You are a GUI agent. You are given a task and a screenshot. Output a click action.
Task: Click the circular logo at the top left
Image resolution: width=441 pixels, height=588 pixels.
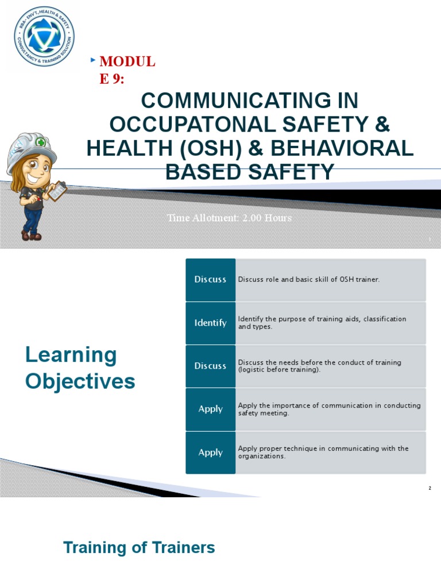pos(44,36)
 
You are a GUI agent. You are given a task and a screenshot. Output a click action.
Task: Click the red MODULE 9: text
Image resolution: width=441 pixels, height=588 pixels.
pos(127,69)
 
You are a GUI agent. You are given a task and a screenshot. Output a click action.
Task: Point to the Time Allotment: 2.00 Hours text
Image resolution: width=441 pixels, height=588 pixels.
pos(229,218)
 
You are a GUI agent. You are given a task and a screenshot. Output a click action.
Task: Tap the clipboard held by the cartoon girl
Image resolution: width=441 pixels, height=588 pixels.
pos(57,191)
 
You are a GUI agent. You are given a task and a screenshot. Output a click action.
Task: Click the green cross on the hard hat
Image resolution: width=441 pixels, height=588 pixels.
pos(40,142)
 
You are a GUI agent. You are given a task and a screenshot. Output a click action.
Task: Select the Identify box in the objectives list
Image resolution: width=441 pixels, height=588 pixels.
pos(210,323)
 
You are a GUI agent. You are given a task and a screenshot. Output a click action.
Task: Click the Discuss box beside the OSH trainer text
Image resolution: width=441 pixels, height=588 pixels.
pos(210,280)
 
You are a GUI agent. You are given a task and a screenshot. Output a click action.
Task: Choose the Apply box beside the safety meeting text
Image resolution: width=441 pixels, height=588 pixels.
pos(210,409)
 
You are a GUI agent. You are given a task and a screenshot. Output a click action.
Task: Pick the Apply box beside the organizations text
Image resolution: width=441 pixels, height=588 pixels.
pos(210,452)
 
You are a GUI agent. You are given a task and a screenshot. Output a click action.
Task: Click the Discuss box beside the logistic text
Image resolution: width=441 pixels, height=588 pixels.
pos(210,366)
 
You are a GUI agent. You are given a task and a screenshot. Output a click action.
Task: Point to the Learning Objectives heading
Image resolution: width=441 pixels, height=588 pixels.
pos(80,367)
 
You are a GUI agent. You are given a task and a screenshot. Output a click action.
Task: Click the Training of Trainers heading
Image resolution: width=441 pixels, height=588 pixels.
pos(139,547)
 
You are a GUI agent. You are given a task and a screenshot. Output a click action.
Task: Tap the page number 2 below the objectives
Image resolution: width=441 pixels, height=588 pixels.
pos(430,488)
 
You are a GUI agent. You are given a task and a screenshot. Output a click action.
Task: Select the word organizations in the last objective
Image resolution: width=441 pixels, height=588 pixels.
pos(261,457)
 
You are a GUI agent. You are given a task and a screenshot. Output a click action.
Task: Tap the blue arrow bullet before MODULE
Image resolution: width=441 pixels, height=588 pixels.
pos(93,60)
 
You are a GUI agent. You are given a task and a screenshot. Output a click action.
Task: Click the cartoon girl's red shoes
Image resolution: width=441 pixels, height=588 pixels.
pos(31,235)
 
